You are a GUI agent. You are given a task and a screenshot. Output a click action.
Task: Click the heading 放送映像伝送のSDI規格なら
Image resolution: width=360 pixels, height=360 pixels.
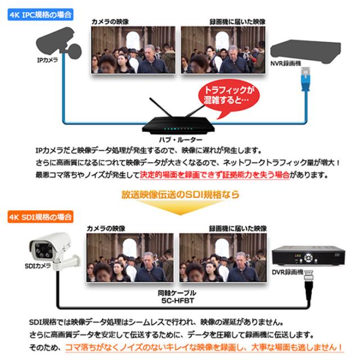[180, 195]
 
